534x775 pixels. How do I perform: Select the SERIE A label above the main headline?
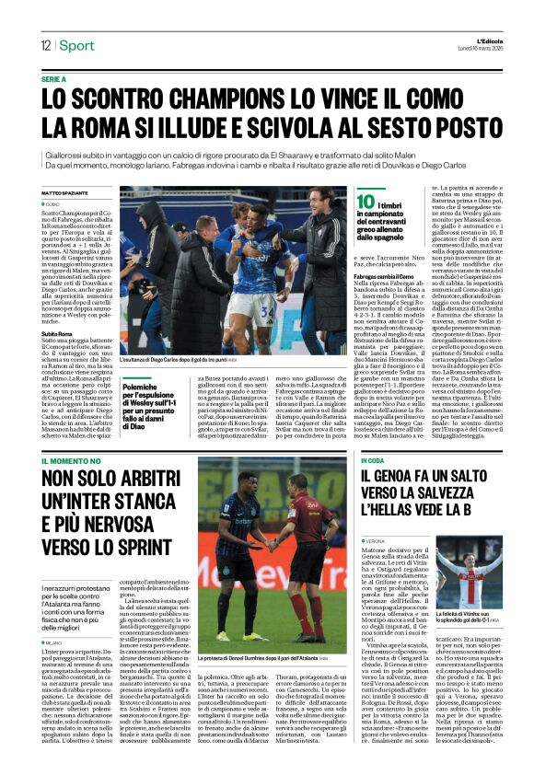(x=54, y=80)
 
